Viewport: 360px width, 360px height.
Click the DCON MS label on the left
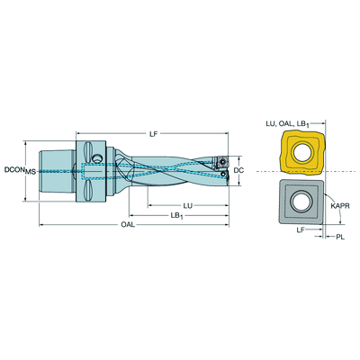[x=20, y=170]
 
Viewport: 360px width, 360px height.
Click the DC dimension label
[x=238, y=170]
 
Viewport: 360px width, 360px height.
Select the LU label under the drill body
[x=188, y=206]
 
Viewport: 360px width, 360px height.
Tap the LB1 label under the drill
[x=176, y=216]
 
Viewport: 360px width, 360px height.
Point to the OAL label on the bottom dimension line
[x=128, y=225]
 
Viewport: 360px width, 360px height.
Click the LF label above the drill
[x=153, y=134]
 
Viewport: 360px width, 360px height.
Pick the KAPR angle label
[x=340, y=206]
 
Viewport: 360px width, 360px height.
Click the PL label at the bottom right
[x=340, y=237]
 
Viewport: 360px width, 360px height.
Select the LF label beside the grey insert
[x=301, y=229]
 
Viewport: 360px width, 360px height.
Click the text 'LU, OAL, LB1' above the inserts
[x=287, y=124]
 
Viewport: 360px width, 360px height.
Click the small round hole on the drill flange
[x=97, y=158]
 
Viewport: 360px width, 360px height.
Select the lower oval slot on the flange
[x=87, y=191]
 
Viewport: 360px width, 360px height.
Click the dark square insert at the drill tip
[x=222, y=162]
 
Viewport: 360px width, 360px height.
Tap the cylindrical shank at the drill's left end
[x=57, y=172]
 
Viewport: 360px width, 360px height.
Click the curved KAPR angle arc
[x=336, y=208]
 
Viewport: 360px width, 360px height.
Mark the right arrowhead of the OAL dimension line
[x=227, y=225]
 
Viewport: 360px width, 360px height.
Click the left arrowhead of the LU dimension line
[x=150, y=206]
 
